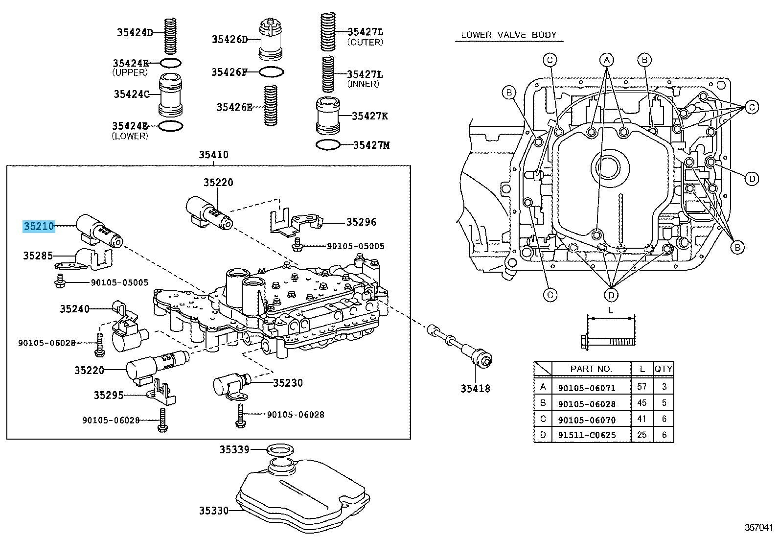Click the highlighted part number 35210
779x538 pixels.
click(39, 226)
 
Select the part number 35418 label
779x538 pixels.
click(475, 389)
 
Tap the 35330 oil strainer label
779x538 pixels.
click(213, 511)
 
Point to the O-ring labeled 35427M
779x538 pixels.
click(328, 145)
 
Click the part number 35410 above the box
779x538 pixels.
click(213, 155)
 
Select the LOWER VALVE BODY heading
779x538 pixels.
click(509, 35)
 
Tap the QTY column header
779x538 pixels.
click(664, 369)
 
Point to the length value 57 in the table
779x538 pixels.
click(642, 387)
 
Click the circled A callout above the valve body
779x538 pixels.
click(607, 60)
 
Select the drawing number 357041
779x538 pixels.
click(758, 527)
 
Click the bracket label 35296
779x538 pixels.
click(361, 222)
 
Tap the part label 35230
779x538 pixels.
click(288, 383)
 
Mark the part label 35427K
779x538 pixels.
click(369, 116)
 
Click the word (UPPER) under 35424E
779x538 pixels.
click(130, 72)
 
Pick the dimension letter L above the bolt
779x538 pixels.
click(611, 310)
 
